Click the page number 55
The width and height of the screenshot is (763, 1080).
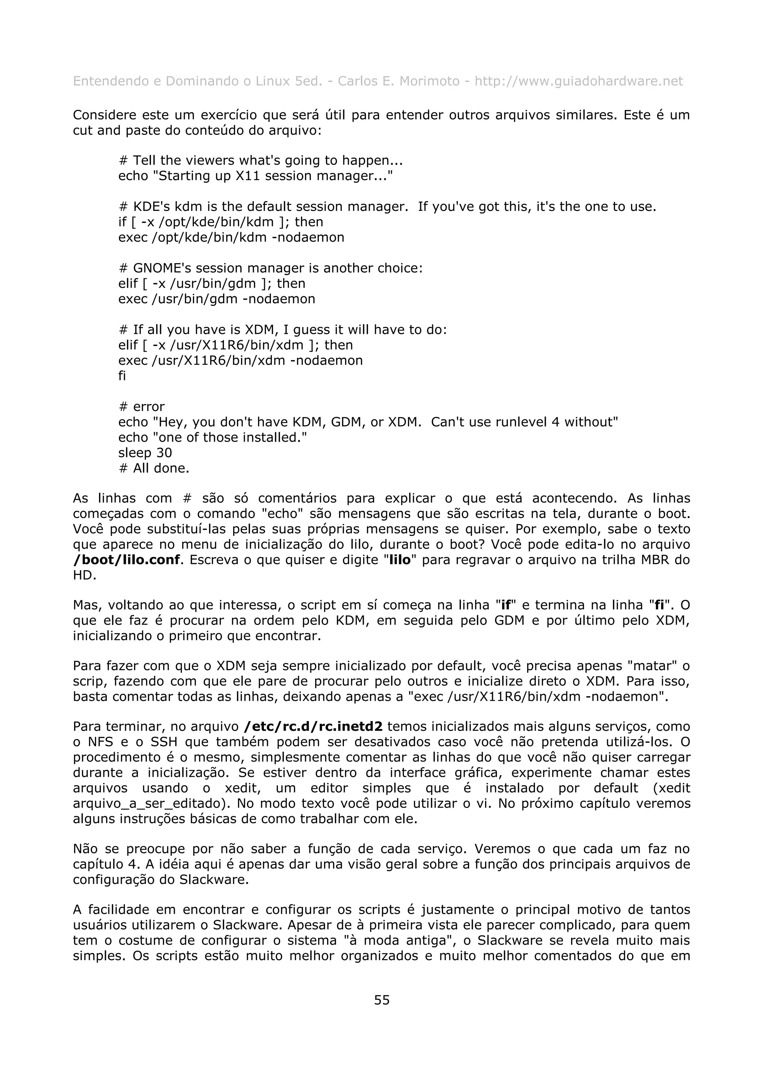click(x=381, y=1000)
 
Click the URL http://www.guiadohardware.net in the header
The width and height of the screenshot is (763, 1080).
click(x=578, y=81)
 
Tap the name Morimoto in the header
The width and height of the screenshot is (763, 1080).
click(x=429, y=81)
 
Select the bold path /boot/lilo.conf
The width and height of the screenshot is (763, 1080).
click(x=126, y=560)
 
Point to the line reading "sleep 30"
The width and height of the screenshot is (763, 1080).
click(x=145, y=453)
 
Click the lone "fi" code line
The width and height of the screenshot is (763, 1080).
click(x=122, y=376)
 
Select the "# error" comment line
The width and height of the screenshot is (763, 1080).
click(x=142, y=407)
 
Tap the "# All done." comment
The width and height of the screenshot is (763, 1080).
click(x=154, y=468)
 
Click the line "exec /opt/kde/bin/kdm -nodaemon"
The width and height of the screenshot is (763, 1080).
click(x=231, y=237)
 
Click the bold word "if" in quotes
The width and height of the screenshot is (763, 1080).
click(x=506, y=605)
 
